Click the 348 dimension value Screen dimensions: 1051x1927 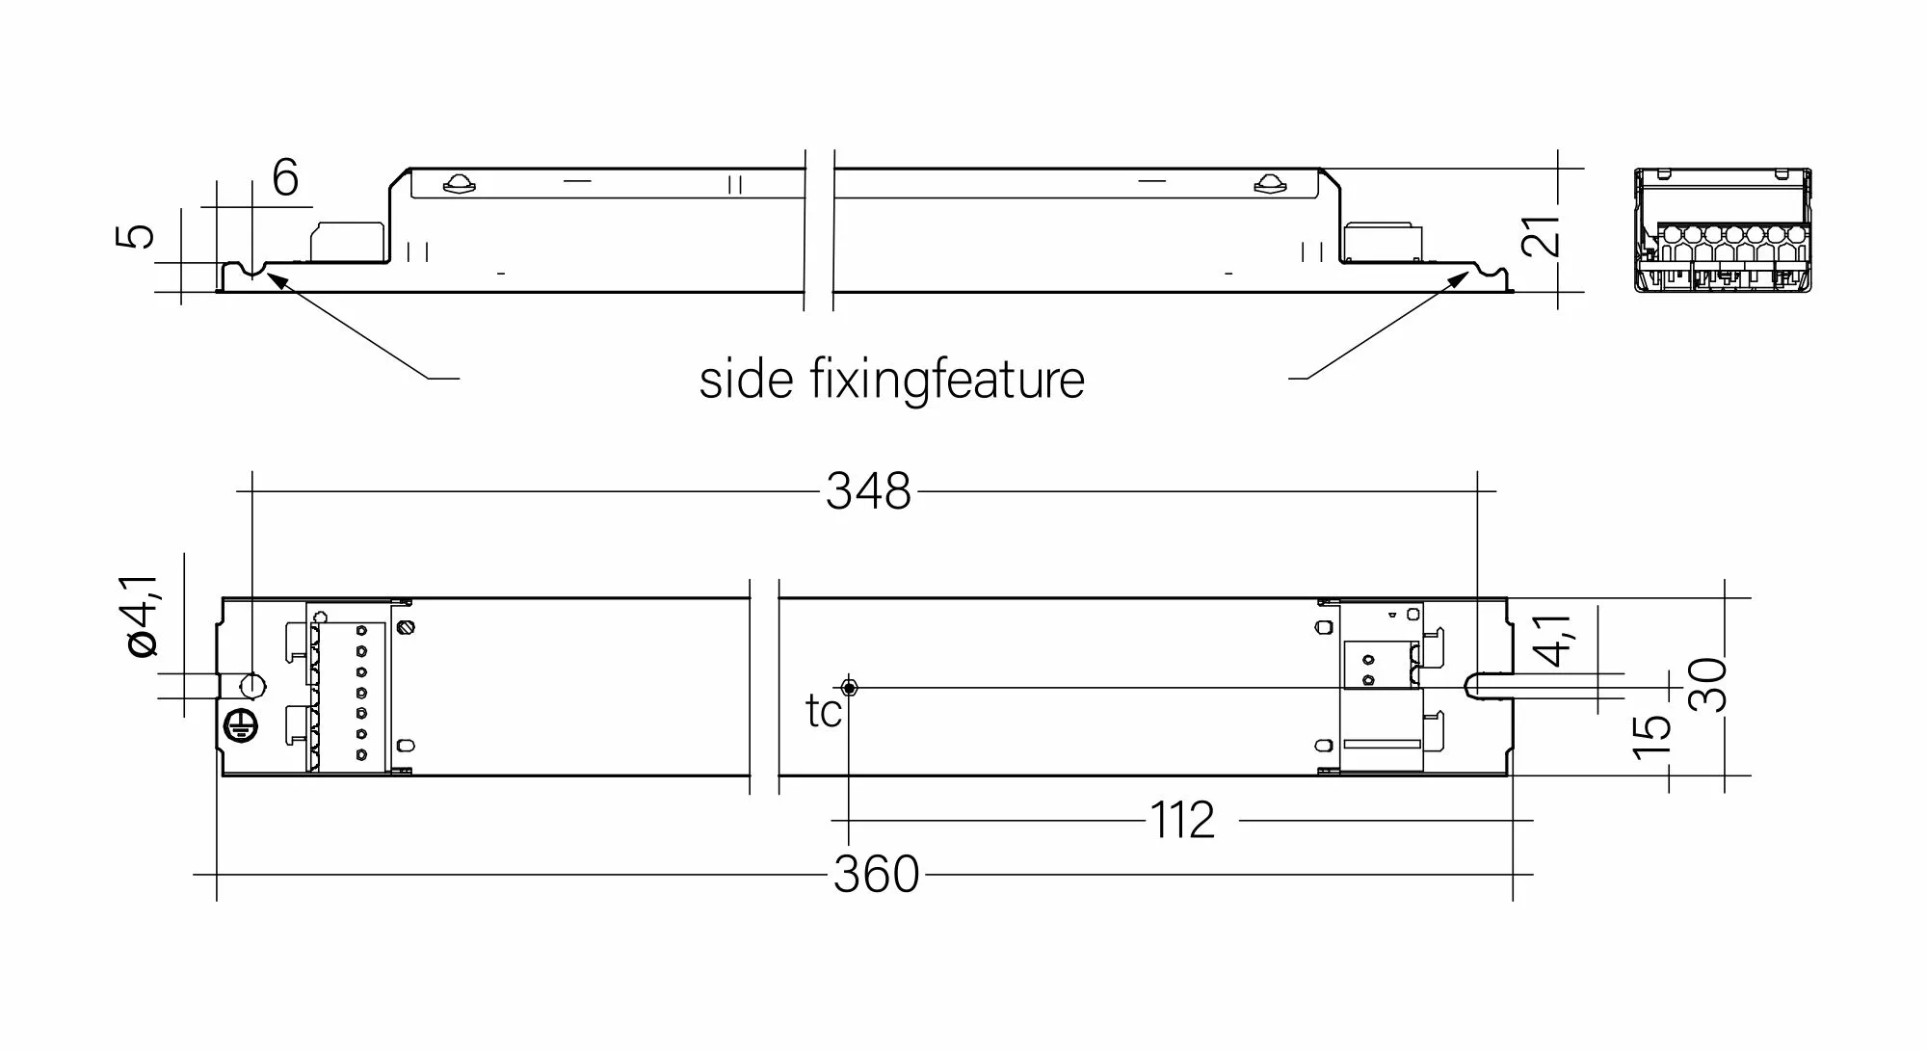click(x=867, y=491)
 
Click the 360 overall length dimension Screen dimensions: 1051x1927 click(x=876, y=875)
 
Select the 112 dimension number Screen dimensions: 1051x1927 click(x=1182, y=821)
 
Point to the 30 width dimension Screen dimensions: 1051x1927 click(x=1706, y=684)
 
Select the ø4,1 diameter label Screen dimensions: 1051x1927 click(x=142, y=617)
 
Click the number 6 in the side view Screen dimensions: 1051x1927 click(x=285, y=178)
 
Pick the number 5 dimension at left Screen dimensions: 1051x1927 click(x=136, y=236)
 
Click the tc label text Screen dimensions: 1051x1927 click(x=824, y=712)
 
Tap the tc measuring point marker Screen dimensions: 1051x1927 click(x=849, y=687)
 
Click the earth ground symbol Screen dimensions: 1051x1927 click(x=238, y=728)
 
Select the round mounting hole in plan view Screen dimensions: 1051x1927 click(x=251, y=686)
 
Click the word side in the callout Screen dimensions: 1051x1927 click(x=746, y=380)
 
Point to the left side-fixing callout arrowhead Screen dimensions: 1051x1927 click(x=271, y=277)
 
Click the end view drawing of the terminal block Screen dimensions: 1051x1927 click(x=1723, y=231)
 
